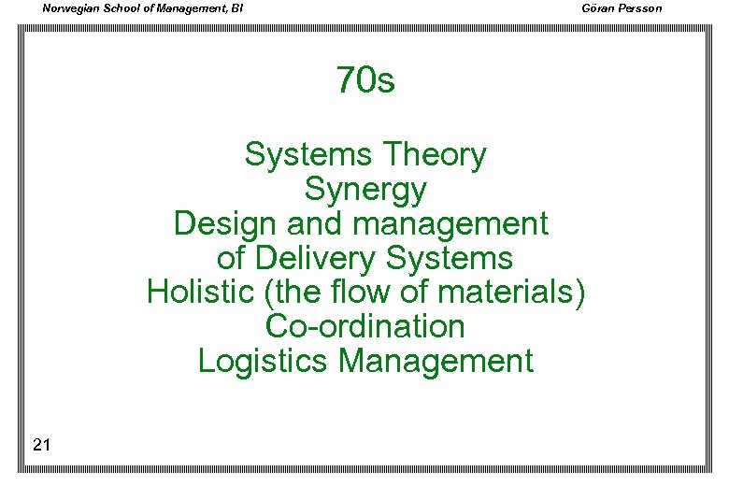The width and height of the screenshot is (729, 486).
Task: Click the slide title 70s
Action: tap(365, 81)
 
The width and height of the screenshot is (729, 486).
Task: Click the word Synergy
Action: tap(365, 191)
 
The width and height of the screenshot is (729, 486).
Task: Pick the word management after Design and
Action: tap(452, 224)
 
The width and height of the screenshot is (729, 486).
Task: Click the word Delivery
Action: tap(315, 258)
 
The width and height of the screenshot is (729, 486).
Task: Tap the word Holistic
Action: tap(201, 292)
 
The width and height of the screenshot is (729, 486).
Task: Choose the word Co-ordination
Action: tap(365, 326)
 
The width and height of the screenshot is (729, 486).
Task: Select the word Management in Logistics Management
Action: tap(436, 361)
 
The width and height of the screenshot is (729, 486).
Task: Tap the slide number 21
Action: tap(41, 445)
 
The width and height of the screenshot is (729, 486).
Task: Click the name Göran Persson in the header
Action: tap(622, 8)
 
